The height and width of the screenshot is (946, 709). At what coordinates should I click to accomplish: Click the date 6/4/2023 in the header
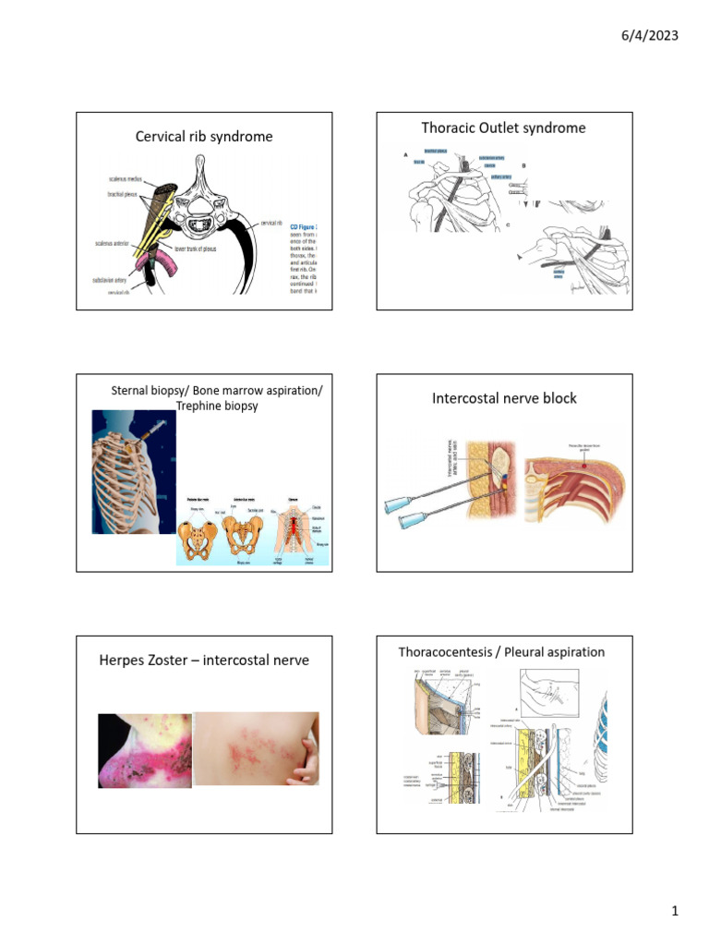(x=652, y=35)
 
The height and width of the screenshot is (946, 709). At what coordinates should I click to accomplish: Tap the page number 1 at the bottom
(x=675, y=912)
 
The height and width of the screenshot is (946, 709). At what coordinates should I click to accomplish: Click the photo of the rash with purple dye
(x=145, y=750)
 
